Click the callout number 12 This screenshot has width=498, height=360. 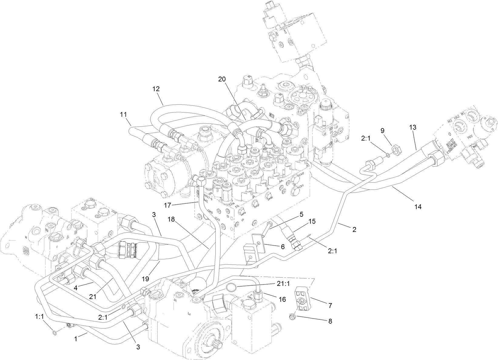[156, 89]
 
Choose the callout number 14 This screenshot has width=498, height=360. [418, 207]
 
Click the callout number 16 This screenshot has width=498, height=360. [282, 299]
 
